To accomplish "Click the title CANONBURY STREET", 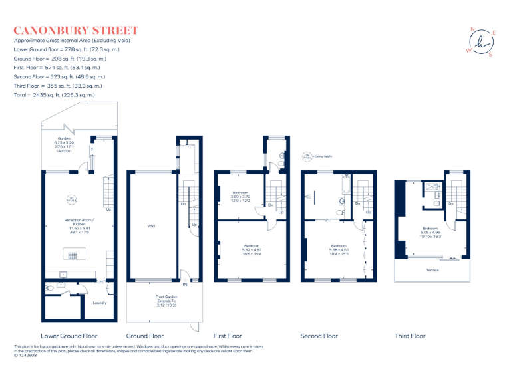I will tap(76, 30).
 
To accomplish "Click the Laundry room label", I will tap(100, 303).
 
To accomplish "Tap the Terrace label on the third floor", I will tap(432, 271).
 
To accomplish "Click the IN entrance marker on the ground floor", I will tap(186, 284).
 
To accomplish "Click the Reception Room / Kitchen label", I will tap(79, 224).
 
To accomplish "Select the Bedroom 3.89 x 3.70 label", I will tap(240, 197).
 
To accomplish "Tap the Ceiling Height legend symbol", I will tap(307, 157).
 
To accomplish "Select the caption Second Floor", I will tap(319, 336).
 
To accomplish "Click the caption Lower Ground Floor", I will tap(69, 336).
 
